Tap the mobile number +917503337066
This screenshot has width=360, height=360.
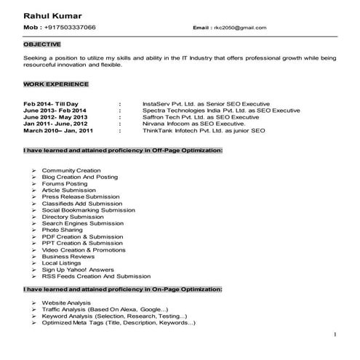(x=70, y=27)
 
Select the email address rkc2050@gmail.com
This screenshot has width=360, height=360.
(x=240, y=28)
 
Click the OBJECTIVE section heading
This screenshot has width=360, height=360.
(x=41, y=44)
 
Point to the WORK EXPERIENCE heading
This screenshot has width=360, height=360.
(x=56, y=84)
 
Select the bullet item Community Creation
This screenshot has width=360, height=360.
(x=71, y=169)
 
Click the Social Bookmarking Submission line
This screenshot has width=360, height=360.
(x=89, y=209)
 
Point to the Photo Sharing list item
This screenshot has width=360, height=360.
(x=63, y=230)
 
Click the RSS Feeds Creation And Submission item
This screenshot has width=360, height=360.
(x=96, y=276)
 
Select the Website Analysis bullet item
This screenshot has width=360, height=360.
(x=66, y=302)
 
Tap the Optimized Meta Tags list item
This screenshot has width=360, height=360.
(x=118, y=322)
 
